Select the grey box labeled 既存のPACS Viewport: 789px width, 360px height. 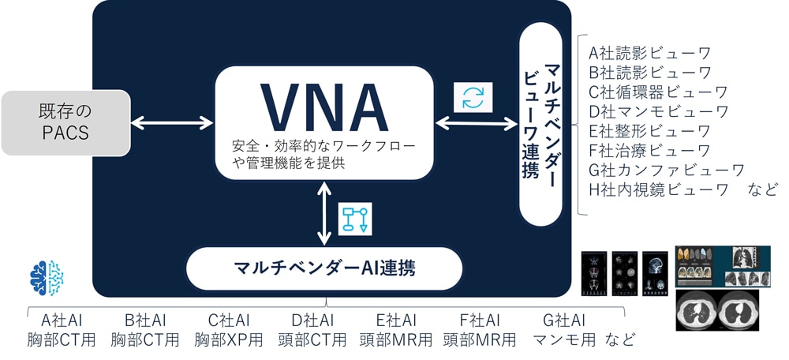65,122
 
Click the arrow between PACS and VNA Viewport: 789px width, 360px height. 172,122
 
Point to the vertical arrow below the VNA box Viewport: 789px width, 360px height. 323,213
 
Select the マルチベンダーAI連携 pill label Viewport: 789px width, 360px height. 323,268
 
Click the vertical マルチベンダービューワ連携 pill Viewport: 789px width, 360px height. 541,122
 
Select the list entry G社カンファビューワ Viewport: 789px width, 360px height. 667,170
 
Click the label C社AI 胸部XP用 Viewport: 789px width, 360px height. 228,330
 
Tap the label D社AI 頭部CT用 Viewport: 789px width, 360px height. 312,330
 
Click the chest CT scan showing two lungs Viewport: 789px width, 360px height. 717,309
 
